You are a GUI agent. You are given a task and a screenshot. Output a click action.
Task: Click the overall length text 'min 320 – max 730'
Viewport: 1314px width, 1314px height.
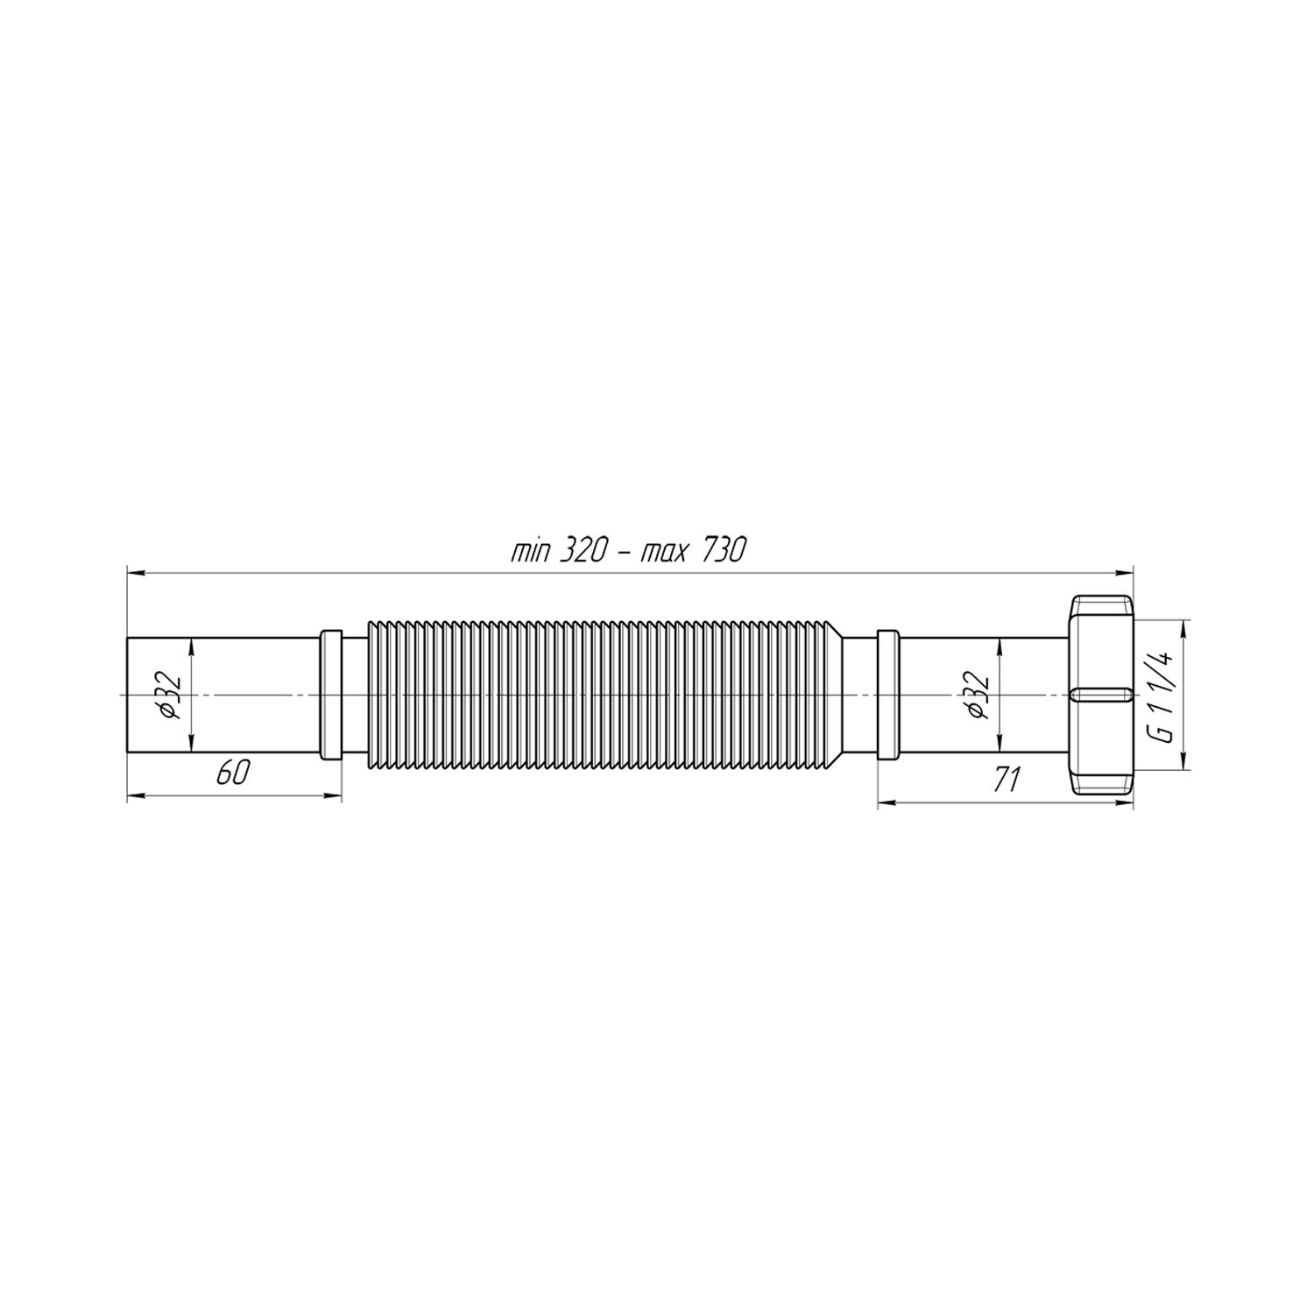[x=627, y=551]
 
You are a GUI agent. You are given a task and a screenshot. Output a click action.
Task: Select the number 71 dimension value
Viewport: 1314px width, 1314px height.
[x=1007, y=777]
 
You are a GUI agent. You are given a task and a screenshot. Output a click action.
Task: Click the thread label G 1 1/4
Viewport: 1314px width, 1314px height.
[x=1162, y=694]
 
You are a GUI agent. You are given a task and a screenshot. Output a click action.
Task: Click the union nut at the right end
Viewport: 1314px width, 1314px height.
[x=1102, y=695]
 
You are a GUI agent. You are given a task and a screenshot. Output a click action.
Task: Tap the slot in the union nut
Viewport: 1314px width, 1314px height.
[x=1099, y=695]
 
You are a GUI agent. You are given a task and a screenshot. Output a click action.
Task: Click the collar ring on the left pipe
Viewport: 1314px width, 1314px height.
[x=331, y=695]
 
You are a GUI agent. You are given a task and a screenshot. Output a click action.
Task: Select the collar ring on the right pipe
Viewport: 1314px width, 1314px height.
[x=887, y=695]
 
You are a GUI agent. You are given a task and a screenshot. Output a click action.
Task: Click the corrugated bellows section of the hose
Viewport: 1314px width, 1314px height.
[x=604, y=695]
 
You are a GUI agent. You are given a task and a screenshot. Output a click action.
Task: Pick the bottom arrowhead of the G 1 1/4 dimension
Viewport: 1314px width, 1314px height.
[x=1183, y=764]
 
